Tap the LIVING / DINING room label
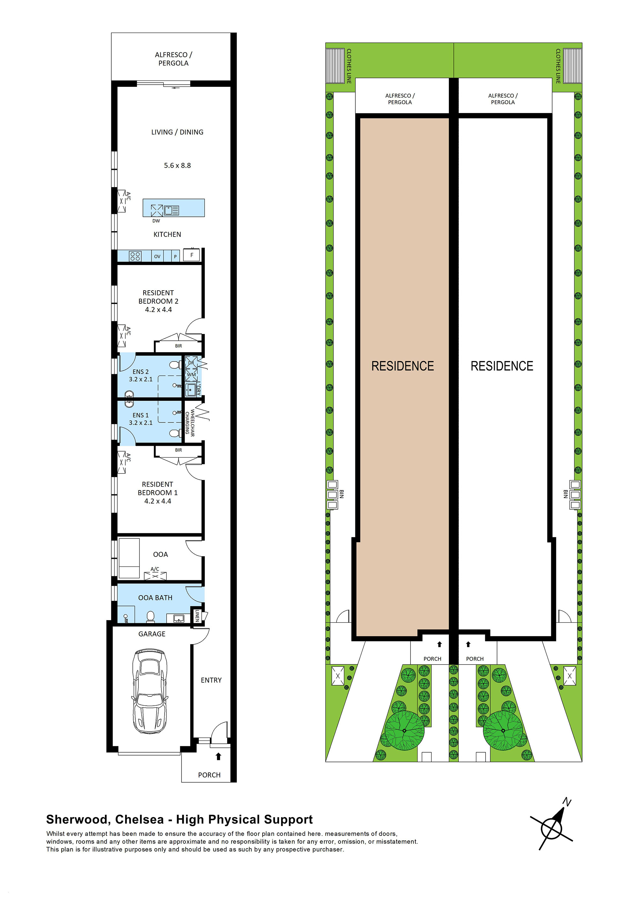pos(177,132)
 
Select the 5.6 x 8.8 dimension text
pos(177,166)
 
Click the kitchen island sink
pos(171,210)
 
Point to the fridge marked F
pos(192,255)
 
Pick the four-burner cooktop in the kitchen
pos(135,256)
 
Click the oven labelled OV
pos(157,256)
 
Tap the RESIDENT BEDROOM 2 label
pos(158,301)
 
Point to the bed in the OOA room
pos(129,558)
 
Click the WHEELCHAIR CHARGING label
pos(190,423)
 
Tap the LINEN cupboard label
pos(197,616)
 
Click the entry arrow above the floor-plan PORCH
pos(219,756)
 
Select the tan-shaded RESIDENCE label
pos(403,366)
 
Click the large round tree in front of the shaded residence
pos(404,730)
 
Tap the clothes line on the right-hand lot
pos(572,66)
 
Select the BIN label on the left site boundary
pos(341,494)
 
